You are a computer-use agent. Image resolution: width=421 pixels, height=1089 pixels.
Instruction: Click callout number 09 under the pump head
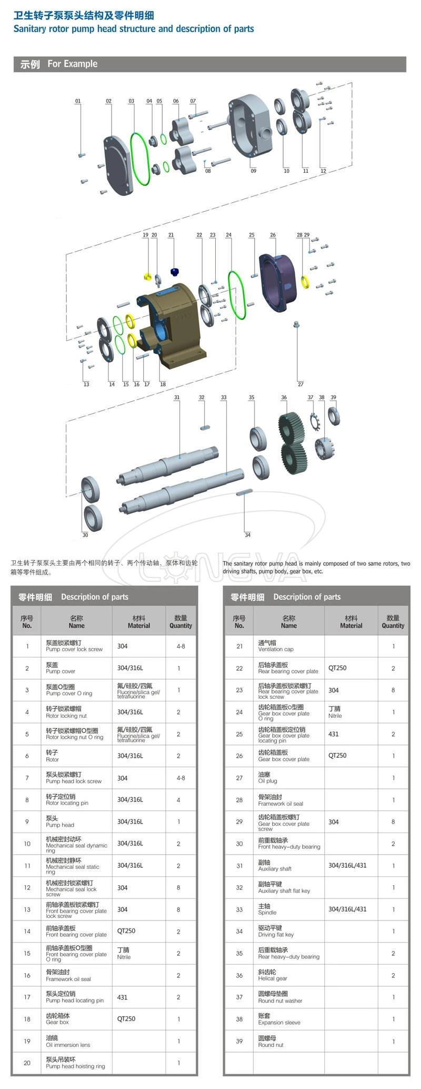(x=254, y=171)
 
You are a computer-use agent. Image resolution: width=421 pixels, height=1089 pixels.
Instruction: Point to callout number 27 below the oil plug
(x=300, y=384)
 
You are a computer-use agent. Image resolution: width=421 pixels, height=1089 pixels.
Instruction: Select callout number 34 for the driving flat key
(x=247, y=534)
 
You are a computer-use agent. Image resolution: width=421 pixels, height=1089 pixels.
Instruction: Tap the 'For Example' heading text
(x=72, y=64)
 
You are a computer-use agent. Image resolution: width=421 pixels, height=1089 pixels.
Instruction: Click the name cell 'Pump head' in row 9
(x=60, y=822)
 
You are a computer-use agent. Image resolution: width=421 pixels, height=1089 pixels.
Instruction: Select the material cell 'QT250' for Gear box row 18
(x=126, y=1018)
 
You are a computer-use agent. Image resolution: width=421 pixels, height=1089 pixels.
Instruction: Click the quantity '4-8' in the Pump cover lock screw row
(x=181, y=646)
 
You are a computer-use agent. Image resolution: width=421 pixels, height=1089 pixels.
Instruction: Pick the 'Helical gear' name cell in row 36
(x=273, y=975)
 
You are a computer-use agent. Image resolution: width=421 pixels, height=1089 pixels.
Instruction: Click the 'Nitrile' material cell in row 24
(x=335, y=712)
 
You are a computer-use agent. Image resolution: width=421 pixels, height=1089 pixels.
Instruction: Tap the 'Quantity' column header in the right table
(x=393, y=622)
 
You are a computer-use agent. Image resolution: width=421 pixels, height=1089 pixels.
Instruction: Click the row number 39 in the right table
(x=239, y=1041)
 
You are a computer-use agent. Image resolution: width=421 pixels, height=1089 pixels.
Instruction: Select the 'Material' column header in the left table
(x=139, y=622)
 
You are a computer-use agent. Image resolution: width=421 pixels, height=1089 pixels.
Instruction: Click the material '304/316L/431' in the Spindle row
(x=347, y=909)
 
